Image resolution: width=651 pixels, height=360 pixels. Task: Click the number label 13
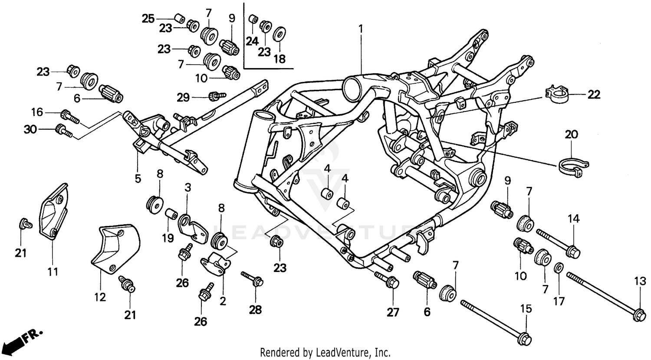pos(640,282)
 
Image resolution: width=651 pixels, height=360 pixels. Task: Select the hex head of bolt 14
pos(573,251)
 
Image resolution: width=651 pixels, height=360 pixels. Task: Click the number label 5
pos(138,178)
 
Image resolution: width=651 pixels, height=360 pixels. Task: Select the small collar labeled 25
pos(178,19)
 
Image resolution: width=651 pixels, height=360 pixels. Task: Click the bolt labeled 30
pos(64,130)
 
